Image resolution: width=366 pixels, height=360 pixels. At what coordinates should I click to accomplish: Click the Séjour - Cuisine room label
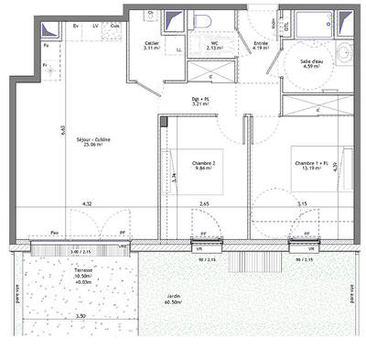click(x=97, y=141)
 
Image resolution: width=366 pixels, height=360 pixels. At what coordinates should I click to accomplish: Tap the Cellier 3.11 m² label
click(x=154, y=47)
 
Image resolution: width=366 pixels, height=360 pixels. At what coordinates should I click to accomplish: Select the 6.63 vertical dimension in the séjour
click(x=61, y=131)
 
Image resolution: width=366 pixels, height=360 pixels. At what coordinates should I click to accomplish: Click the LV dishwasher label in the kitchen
click(x=96, y=27)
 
